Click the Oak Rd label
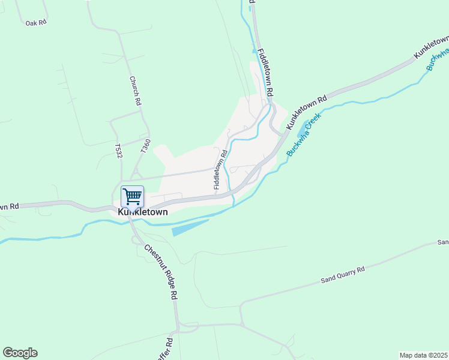pos(36,23)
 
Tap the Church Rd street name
pos(135,91)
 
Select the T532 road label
pos(118,151)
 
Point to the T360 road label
pos(145,145)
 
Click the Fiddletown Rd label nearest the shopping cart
pos(220,170)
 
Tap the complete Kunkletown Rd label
pos(306,112)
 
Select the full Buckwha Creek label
pos(304,134)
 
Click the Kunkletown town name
pos(143,212)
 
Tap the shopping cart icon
pos(132,196)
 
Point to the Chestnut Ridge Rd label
pos(160,271)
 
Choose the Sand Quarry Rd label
pos(343,275)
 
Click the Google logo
pos(20,353)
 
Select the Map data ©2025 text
pos(423,355)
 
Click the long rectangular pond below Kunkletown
pos(190,227)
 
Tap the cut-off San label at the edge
pos(443,242)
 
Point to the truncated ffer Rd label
pos(169,349)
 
